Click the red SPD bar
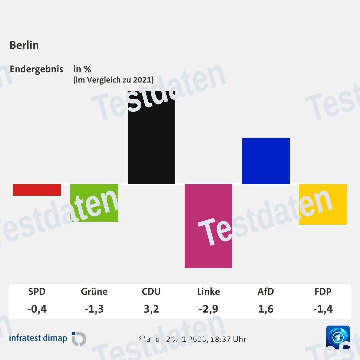(x=37, y=190)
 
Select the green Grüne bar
(x=94, y=202)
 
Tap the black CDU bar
(x=151, y=137)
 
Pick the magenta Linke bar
(x=208, y=226)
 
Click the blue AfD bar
(x=266, y=161)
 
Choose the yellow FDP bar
(x=323, y=204)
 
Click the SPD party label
(x=37, y=292)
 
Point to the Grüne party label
(x=94, y=292)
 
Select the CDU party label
(x=151, y=292)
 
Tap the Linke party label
(x=208, y=292)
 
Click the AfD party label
(x=266, y=292)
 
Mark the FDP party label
(x=323, y=292)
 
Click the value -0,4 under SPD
(x=37, y=309)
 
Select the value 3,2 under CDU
(x=151, y=309)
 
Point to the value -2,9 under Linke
(x=208, y=309)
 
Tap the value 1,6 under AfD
(x=266, y=309)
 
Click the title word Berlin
(x=24, y=45)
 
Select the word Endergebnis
(x=36, y=69)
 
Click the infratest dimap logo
(x=48, y=338)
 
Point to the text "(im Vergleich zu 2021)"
(x=113, y=80)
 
